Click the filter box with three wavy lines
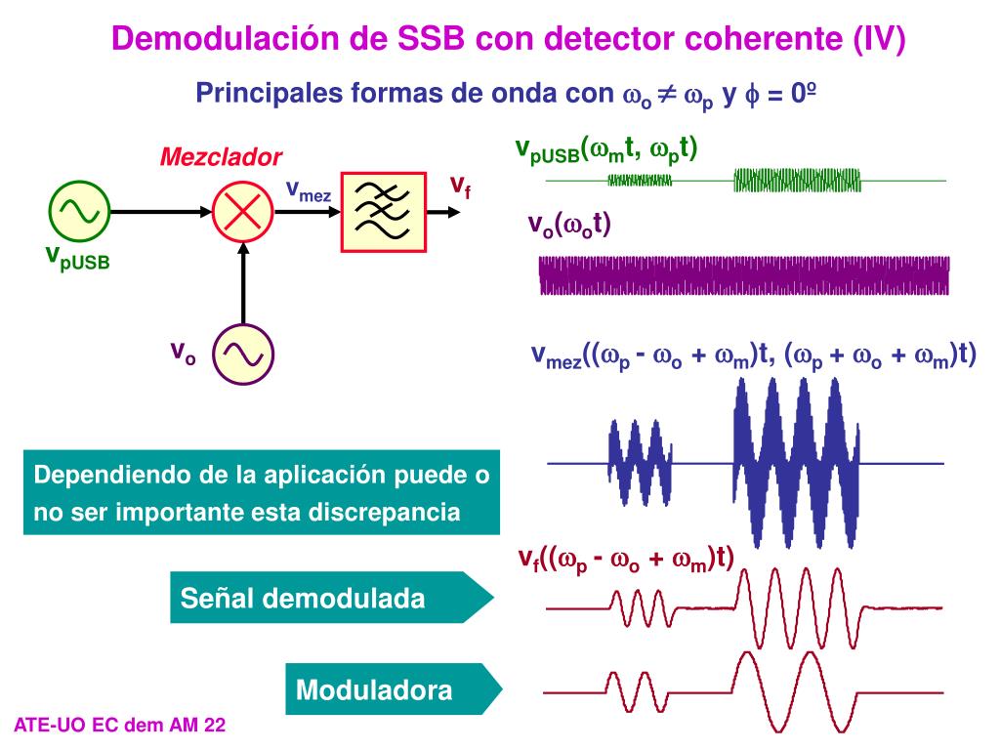pos(384,211)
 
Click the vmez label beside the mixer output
pos(308,189)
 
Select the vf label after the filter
pos(460,186)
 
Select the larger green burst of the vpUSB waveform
pos(797,180)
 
